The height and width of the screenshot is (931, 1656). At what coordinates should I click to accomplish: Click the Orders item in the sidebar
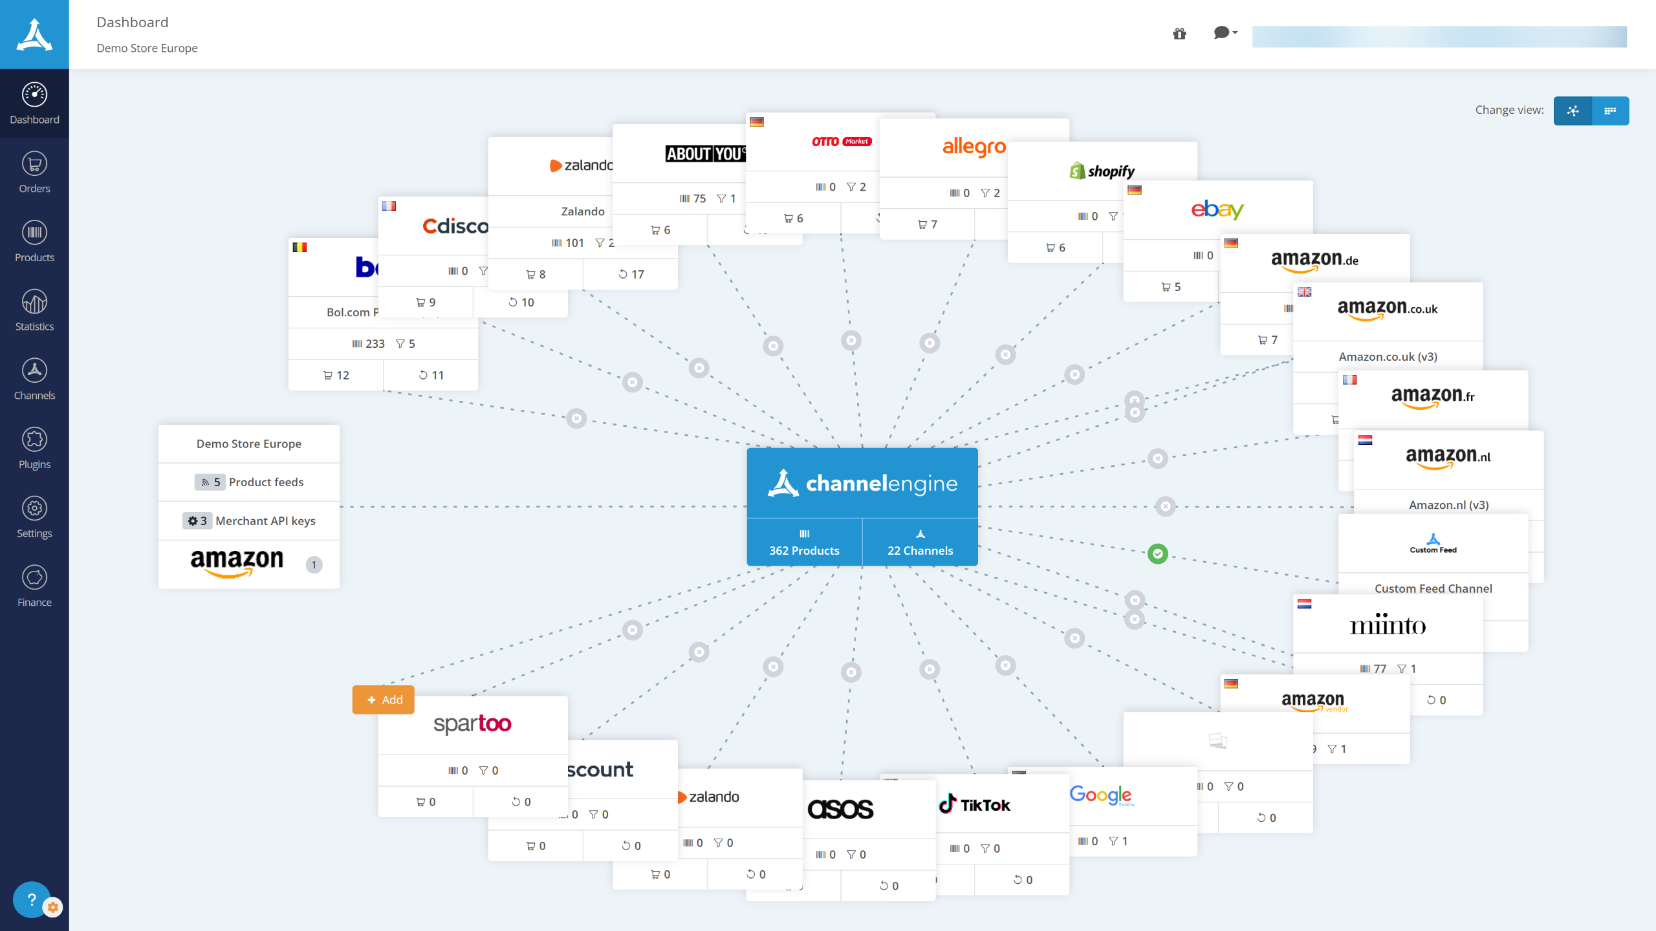pyautogui.click(x=34, y=172)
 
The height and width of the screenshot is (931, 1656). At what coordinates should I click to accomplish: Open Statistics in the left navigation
pyautogui.click(x=34, y=310)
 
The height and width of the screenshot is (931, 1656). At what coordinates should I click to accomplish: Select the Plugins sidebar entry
pyautogui.click(x=34, y=447)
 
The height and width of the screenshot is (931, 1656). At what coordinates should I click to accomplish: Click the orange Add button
pyautogui.click(x=384, y=700)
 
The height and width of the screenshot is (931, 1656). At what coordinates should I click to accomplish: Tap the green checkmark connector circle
pyautogui.click(x=1157, y=553)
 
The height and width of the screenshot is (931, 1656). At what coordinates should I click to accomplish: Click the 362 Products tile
pyautogui.click(x=804, y=542)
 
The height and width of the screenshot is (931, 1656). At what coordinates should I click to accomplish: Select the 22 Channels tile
pyautogui.click(x=920, y=542)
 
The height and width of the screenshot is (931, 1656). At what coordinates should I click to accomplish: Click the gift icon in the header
pyautogui.click(x=1179, y=34)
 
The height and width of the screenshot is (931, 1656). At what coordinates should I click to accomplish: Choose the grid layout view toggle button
pyautogui.click(x=1610, y=111)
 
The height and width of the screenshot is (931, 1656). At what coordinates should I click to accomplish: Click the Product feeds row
pyautogui.click(x=249, y=482)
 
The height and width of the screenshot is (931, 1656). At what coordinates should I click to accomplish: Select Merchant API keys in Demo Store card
pyautogui.click(x=249, y=520)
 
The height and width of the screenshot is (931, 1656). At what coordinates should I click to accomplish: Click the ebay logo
pyautogui.click(x=1217, y=209)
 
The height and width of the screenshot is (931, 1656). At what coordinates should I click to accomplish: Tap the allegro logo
pyautogui.click(x=974, y=147)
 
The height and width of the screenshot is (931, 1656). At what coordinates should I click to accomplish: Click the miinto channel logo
pyautogui.click(x=1388, y=625)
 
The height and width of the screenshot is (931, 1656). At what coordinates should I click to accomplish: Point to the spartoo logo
pyautogui.click(x=472, y=723)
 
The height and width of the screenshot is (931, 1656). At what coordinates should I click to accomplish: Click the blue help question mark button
pyautogui.click(x=31, y=899)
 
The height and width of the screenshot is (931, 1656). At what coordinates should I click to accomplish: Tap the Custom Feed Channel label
pyautogui.click(x=1433, y=588)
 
